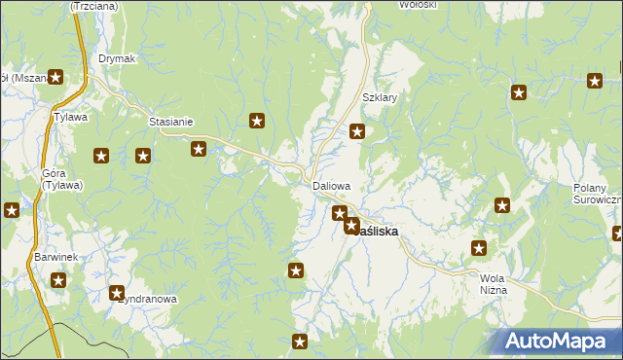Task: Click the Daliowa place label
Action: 331,185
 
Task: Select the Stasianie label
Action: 170,122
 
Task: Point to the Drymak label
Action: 117,58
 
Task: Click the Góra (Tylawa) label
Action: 61,179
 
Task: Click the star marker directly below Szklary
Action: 357,132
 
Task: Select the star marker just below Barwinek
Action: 58,281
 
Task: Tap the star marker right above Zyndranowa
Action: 118,292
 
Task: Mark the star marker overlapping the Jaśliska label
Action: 351,226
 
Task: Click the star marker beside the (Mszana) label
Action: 56,78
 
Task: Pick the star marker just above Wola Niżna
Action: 479,249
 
